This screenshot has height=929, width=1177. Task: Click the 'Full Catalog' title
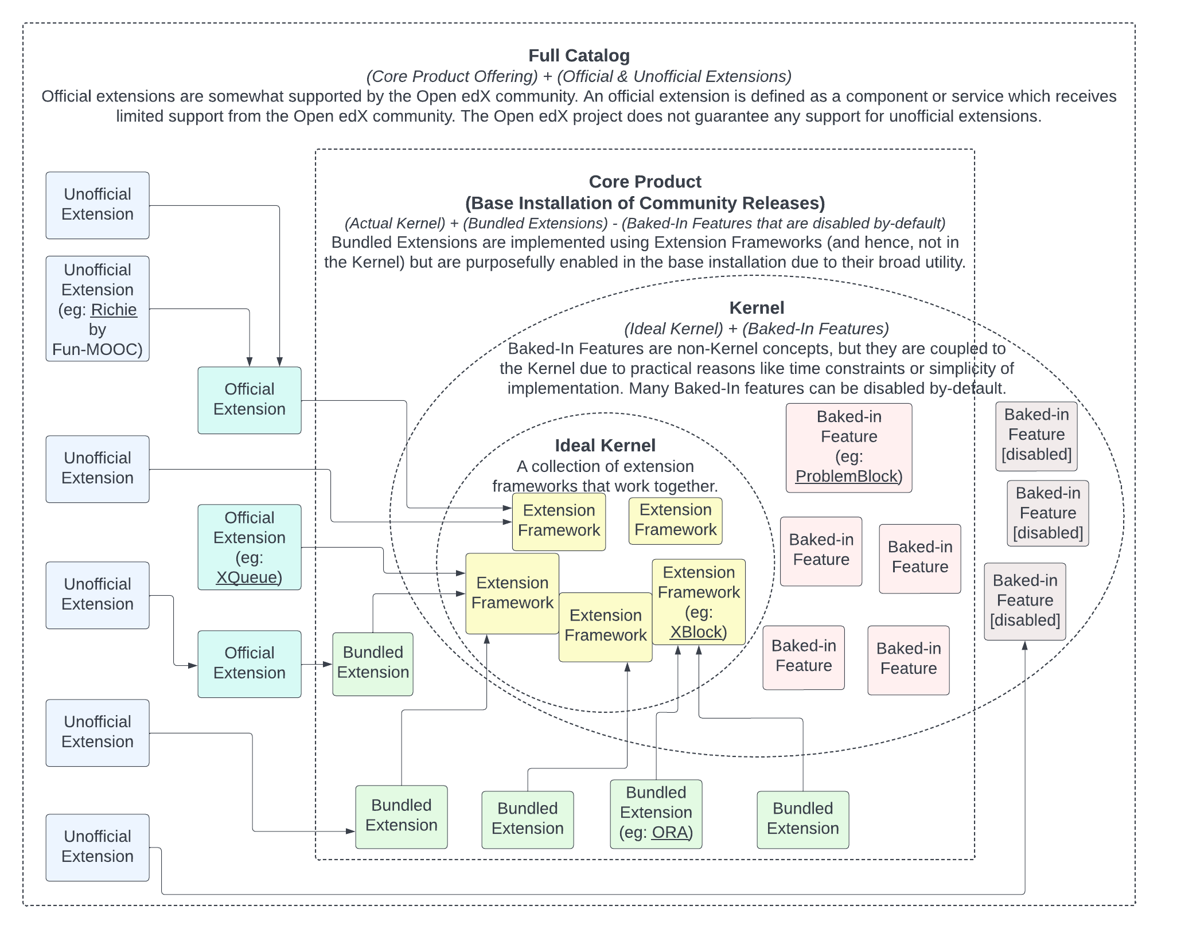[x=579, y=56]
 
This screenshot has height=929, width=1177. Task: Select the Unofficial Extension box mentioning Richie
[x=98, y=309]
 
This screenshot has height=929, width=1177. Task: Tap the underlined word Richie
[x=114, y=310]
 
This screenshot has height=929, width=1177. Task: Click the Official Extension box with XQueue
[x=249, y=547]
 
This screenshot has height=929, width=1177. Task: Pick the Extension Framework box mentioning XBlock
[x=699, y=602]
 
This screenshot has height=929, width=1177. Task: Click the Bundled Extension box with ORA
[x=656, y=814]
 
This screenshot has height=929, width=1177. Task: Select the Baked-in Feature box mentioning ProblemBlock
[x=848, y=447]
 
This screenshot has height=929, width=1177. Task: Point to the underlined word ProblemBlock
[x=846, y=477]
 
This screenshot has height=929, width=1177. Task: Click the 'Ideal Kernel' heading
[x=605, y=446]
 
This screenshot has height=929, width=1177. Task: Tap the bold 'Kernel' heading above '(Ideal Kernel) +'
[x=757, y=308]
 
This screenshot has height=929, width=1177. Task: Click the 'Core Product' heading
[x=645, y=182]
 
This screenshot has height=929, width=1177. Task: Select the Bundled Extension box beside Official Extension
[x=373, y=664]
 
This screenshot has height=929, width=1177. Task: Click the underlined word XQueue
[x=246, y=577]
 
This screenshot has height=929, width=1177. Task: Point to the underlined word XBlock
[x=696, y=632]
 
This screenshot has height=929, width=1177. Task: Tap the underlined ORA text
[x=669, y=832]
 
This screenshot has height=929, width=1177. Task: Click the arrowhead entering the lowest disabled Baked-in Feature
[x=1024, y=646]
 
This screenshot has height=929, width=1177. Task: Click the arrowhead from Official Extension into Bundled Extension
[x=328, y=664]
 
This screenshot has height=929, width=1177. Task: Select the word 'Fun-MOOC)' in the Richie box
[x=98, y=349]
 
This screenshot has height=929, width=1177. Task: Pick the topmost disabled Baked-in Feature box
[x=1036, y=436]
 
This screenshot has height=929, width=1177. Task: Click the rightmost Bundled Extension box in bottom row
[x=802, y=819]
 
